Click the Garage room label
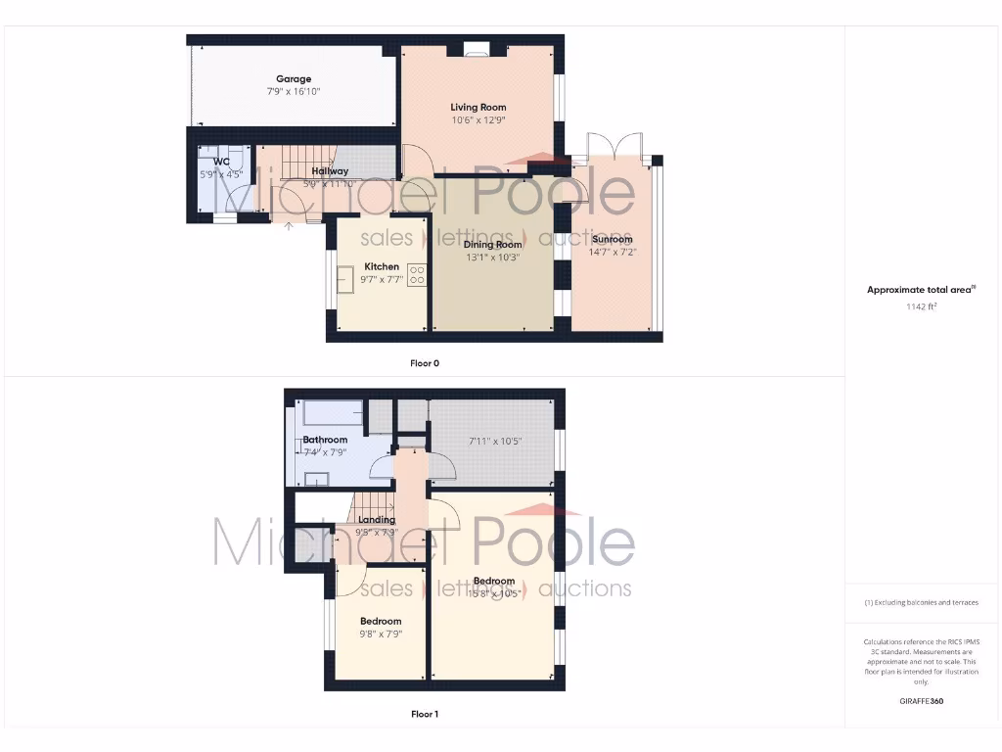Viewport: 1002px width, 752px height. (x=294, y=79)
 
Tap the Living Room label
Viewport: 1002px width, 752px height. (x=478, y=108)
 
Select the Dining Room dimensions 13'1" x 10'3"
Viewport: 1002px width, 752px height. (x=491, y=258)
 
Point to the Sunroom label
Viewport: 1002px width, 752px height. (x=612, y=239)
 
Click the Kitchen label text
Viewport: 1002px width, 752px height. (x=382, y=266)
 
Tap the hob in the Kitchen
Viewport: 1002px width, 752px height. (x=418, y=276)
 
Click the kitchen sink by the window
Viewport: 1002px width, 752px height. (x=345, y=278)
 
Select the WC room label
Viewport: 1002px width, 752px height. (x=222, y=162)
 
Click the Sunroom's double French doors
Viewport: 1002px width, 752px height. (x=614, y=147)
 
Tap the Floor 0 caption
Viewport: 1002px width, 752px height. (x=425, y=363)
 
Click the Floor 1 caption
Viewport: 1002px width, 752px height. (x=425, y=714)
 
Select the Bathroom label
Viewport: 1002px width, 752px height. (x=325, y=440)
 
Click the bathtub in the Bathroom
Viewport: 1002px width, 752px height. (x=333, y=412)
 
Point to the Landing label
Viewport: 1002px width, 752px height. (x=377, y=520)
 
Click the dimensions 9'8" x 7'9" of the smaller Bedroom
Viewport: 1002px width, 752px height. (x=381, y=634)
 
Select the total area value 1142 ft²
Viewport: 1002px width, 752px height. (x=921, y=306)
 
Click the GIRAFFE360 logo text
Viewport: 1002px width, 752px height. (x=921, y=701)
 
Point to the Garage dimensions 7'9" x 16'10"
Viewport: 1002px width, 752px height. (x=294, y=91)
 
